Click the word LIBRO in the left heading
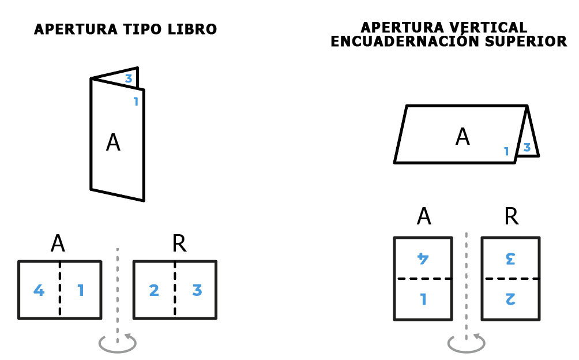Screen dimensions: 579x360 (192, 29)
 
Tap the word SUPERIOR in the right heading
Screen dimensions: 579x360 (526, 42)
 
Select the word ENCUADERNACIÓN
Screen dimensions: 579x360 (406, 40)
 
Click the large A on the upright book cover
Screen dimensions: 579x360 (113, 142)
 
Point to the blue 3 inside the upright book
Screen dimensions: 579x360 (129, 78)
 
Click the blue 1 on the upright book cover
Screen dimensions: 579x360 (136, 102)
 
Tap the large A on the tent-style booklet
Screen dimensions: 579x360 (463, 137)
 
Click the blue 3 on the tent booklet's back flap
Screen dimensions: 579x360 (527, 147)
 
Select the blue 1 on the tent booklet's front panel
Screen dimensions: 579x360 (506, 151)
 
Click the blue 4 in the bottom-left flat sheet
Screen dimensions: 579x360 (39, 290)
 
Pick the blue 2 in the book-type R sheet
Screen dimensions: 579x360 (154, 290)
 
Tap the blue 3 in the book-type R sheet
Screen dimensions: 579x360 (197, 290)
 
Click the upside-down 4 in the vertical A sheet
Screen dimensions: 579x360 (423, 258)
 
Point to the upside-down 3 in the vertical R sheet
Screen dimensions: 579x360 (511, 258)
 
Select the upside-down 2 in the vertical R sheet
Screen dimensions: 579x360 (511, 299)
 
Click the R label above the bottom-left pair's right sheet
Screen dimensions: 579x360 (179, 243)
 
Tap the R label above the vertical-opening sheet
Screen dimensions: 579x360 (512, 216)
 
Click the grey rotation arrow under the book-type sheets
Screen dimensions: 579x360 (118, 351)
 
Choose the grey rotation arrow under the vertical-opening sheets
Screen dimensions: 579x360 (466, 351)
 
